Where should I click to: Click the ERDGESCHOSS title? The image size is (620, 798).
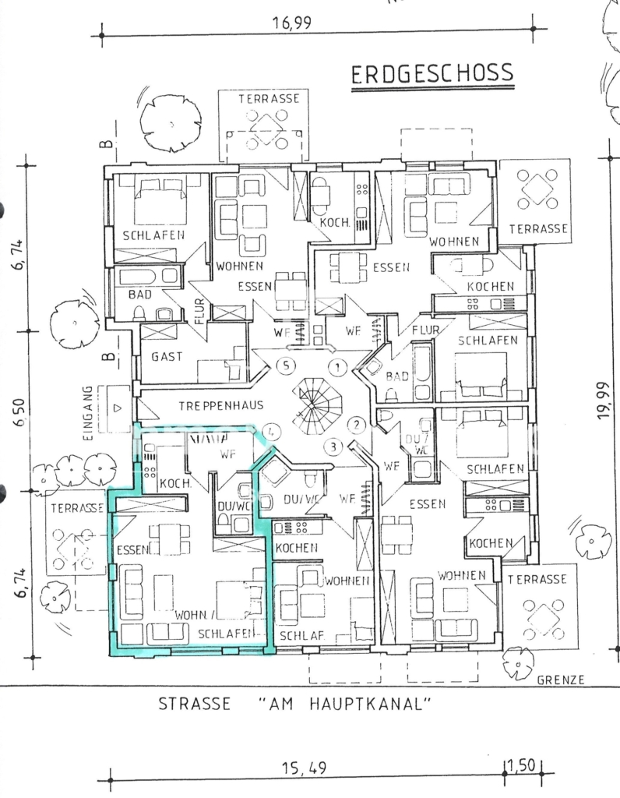point(432,74)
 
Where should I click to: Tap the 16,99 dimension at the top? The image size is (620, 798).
point(291,23)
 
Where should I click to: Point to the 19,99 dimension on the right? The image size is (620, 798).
point(603,400)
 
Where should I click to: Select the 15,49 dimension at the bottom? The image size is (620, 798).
point(304,768)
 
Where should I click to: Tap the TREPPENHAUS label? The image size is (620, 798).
point(221,405)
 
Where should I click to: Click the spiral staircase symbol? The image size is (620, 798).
point(315,404)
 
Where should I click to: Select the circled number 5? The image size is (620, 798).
point(287,365)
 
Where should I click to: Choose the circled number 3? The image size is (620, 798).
point(333,447)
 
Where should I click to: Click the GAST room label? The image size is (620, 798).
point(167,357)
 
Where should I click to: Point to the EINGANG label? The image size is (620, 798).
point(87,413)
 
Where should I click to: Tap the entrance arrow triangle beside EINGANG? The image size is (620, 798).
point(118,408)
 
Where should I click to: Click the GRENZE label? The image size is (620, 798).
point(561,680)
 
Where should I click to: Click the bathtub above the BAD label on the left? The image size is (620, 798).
point(147,277)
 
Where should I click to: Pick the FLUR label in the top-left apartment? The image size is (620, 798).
point(199,311)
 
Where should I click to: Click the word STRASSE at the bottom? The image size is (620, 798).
point(194,704)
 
